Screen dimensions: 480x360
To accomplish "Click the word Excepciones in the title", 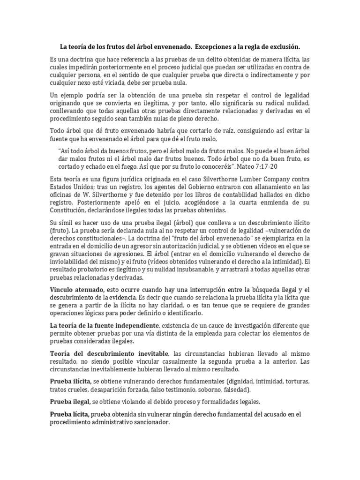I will pyautogui.click(x=217, y=47).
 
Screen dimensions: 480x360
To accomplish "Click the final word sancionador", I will pyautogui.click(x=145, y=421).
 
